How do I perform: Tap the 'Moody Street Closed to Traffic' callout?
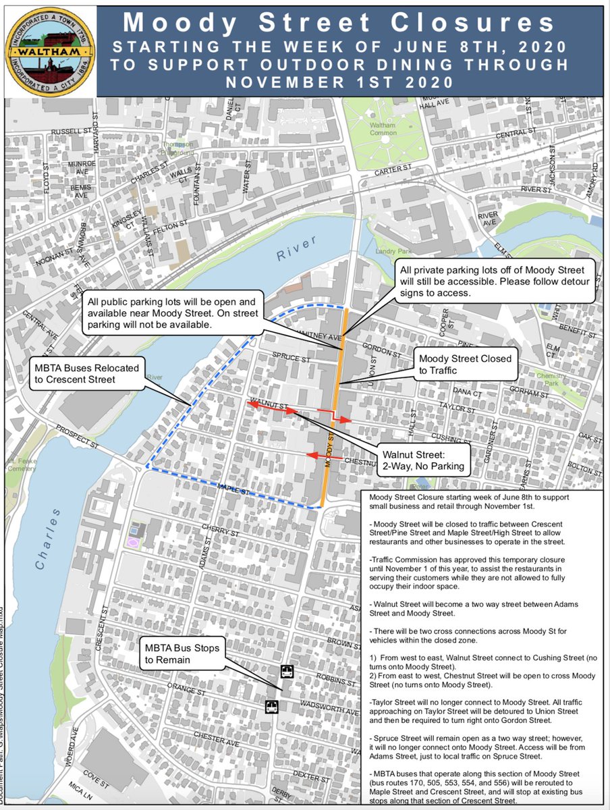click(465, 365)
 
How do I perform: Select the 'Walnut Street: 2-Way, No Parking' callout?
click(422, 460)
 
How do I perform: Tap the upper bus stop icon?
click(287, 672)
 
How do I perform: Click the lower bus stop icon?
click(271, 707)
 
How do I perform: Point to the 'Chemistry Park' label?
click(553, 379)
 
